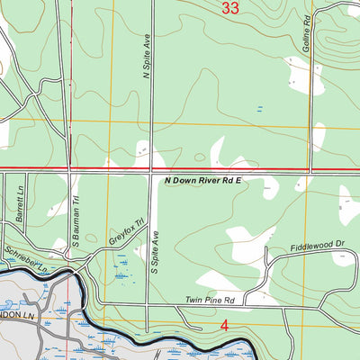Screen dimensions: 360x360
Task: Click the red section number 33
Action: click(229, 9)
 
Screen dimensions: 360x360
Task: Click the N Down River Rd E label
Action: click(204, 181)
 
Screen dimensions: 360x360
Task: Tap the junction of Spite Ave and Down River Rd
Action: click(150, 170)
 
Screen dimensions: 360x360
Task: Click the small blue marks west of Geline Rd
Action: click(260, 109)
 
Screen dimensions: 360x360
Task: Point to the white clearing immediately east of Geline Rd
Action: click(319, 135)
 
